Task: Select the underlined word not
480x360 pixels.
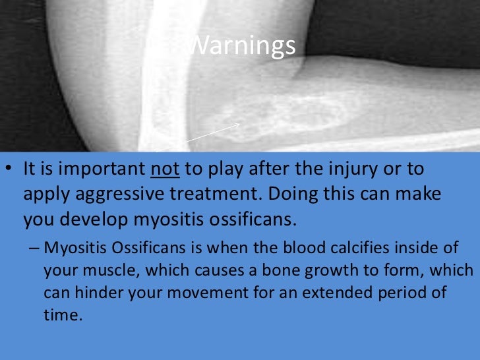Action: (x=160, y=169)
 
